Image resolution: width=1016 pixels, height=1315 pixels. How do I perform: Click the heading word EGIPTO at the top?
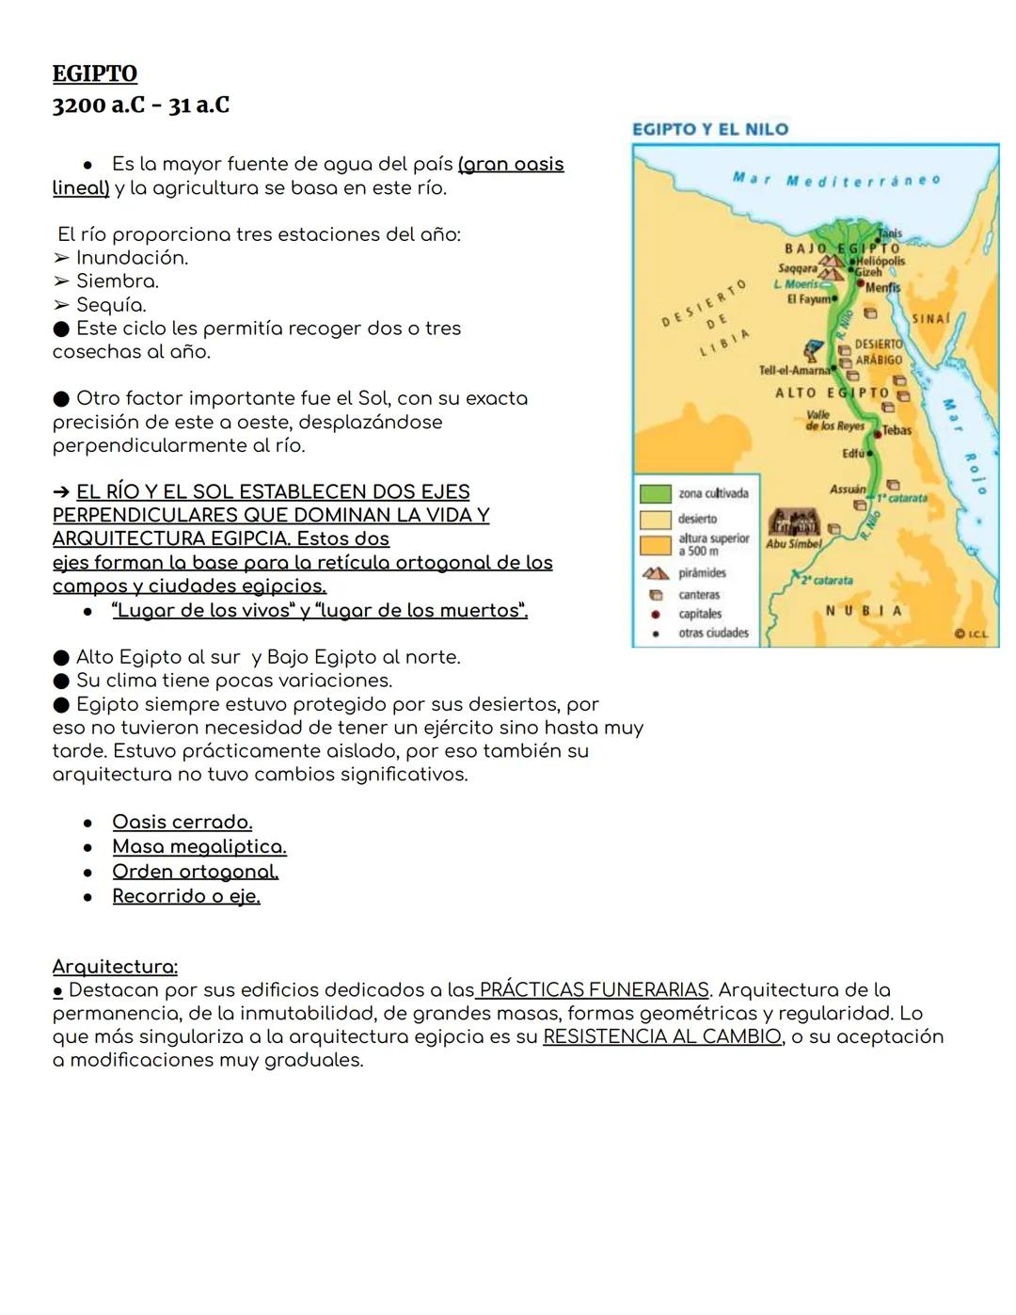(x=94, y=73)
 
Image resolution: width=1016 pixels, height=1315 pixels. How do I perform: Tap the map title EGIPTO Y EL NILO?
(x=710, y=129)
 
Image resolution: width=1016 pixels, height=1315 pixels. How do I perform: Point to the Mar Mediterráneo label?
(x=835, y=180)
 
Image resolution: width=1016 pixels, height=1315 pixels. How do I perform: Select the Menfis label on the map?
(x=882, y=287)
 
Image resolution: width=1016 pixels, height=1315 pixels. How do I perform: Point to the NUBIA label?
(x=864, y=611)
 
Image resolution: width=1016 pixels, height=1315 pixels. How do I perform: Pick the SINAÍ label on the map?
(x=931, y=319)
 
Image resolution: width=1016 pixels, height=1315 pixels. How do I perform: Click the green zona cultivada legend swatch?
(x=655, y=493)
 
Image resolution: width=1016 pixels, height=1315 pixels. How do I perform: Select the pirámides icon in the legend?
(x=656, y=573)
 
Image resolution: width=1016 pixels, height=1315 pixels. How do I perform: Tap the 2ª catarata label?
(x=827, y=580)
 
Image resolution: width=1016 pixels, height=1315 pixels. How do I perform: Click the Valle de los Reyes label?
(x=835, y=420)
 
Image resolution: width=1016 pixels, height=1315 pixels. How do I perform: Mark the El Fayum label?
(x=809, y=298)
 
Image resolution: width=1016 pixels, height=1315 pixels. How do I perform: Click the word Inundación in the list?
(x=132, y=258)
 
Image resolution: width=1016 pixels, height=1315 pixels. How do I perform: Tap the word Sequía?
(x=111, y=305)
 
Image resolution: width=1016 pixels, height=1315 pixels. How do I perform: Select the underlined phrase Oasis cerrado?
(x=182, y=822)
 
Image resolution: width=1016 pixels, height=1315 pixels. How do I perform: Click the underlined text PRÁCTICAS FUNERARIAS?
(x=593, y=989)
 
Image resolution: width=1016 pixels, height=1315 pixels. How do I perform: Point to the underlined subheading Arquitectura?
(x=115, y=967)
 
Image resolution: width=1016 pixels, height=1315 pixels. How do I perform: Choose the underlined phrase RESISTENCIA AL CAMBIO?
(x=662, y=1036)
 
